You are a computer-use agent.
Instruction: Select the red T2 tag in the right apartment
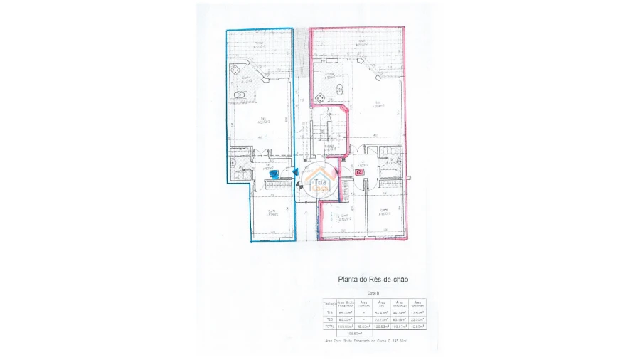(x=358, y=171)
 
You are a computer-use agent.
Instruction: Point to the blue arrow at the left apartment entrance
(x=296, y=171)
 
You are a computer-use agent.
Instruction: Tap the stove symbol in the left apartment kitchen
(x=235, y=70)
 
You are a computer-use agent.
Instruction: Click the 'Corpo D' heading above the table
(x=373, y=293)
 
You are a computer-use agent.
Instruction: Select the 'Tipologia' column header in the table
(x=329, y=304)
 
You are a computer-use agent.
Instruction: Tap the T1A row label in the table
(x=329, y=312)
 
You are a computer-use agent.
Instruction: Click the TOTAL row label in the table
(x=329, y=327)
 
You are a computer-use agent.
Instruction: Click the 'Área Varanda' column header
(x=418, y=304)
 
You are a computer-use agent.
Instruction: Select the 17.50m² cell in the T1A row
(x=418, y=312)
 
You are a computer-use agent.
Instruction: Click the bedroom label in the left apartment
(x=272, y=212)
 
